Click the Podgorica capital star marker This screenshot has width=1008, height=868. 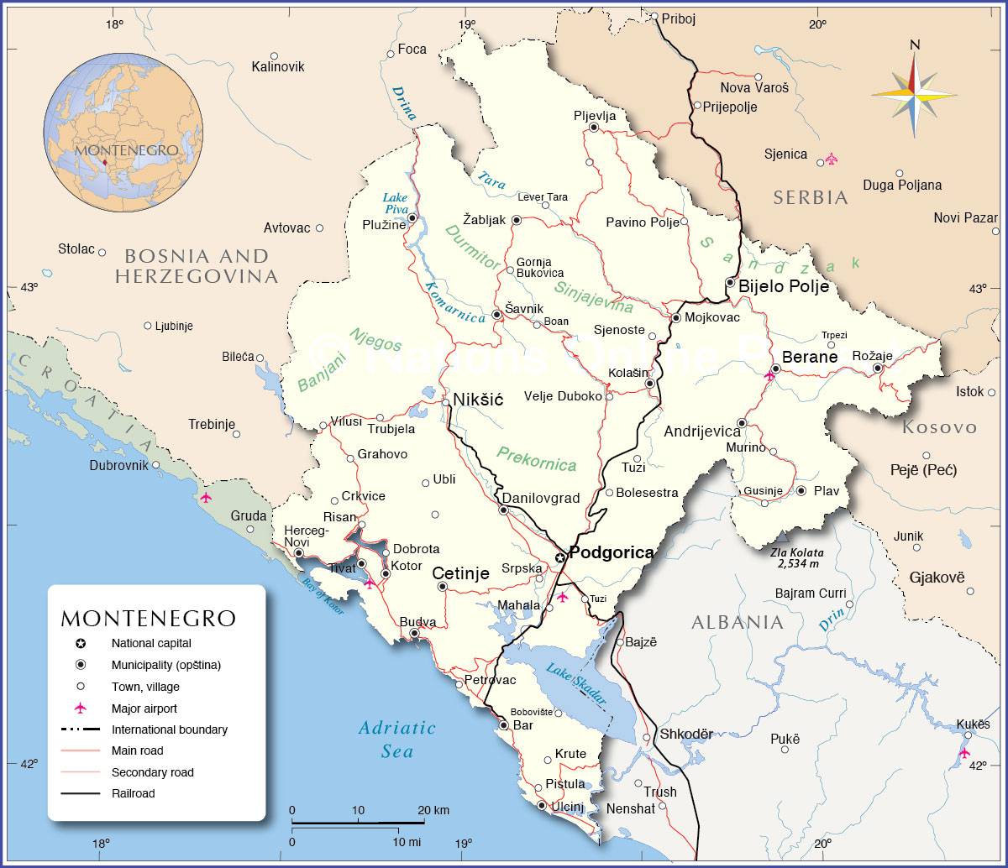[560, 558]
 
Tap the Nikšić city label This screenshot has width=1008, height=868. [477, 400]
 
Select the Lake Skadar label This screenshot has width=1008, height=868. [576, 682]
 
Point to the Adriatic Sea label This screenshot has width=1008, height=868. [396, 739]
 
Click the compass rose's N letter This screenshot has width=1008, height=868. [915, 45]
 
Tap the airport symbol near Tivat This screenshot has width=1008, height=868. [369, 583]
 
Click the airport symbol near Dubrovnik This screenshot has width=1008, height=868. [206, 497]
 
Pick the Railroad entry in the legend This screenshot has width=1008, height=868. [133, 793]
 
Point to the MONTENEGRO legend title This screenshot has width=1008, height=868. [148, 619]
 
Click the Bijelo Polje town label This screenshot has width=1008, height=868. [783, 286]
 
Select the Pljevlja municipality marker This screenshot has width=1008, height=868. [594, 128]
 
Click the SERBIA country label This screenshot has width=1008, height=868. [811, 198]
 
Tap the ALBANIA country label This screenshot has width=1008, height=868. [737, 622]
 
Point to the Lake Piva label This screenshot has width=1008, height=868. [395, 203]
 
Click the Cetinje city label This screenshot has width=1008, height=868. [460, 574]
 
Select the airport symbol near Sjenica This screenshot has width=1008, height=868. [832, 158]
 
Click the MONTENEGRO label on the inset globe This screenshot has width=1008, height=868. [126, 149]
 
